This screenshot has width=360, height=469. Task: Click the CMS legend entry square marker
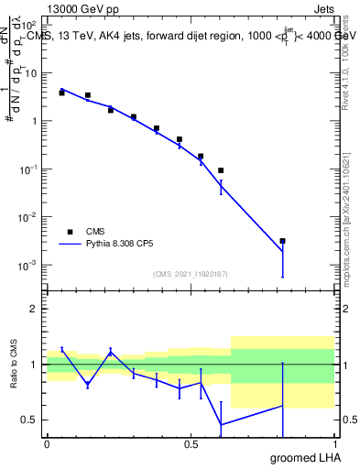70,232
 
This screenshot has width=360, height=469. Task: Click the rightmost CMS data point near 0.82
283,241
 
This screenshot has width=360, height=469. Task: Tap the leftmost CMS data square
61,93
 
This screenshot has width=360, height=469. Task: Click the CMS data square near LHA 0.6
221,170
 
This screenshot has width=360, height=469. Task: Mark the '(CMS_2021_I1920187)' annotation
190,274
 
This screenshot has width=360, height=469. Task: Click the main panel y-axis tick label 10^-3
27,265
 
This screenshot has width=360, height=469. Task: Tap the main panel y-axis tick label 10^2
27,25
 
